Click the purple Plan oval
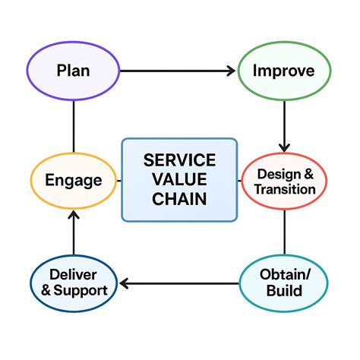73,71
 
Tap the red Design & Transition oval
286,182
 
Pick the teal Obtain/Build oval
285,283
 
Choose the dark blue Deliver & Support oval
73,283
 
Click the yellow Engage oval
73,181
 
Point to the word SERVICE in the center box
179,160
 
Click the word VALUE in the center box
179,179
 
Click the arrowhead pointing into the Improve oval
229,71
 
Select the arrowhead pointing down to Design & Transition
285,146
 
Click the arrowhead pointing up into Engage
73,216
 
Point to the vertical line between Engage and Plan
73,125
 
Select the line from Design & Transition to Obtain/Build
285,232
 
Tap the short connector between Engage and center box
119,181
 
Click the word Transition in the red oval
286,189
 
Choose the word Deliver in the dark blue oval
73,274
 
